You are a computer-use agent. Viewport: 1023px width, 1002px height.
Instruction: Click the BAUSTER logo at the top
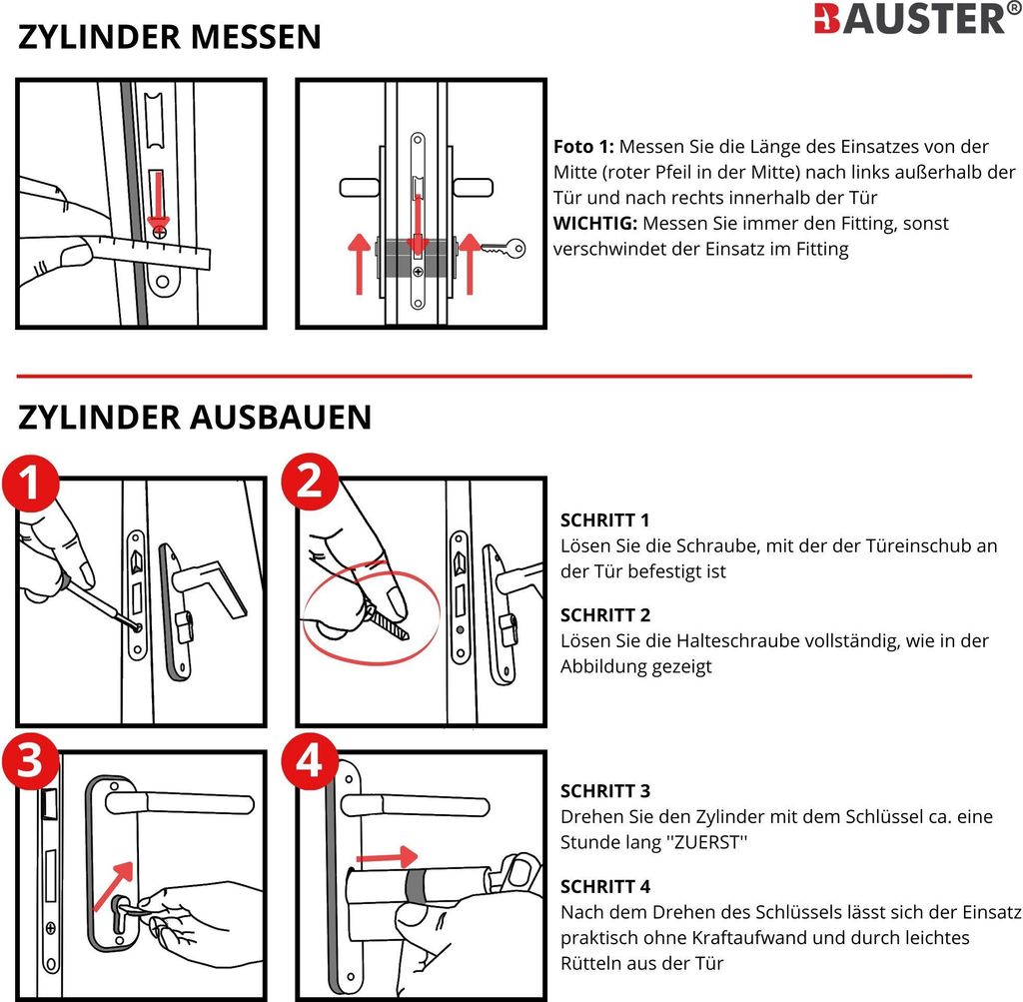point(909,19)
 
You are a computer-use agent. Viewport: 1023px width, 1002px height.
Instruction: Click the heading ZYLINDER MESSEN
point(170,38)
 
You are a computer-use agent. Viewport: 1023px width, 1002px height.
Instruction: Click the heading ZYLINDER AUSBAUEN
point(195,417)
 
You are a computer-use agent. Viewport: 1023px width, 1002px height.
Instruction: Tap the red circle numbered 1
point(28,486)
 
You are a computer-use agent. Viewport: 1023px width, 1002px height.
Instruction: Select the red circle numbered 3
point(30,761)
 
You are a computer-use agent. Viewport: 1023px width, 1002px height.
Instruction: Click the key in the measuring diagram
point(503,249)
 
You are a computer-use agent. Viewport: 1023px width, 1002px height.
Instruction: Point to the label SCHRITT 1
point(604,520)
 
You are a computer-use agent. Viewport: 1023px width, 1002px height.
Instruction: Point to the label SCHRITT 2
point(604,614)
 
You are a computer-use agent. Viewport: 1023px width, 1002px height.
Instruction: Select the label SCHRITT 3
point(604,790)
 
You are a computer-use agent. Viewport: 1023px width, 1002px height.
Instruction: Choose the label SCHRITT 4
point(604,885)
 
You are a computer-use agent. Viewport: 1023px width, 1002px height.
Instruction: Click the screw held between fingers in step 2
point(388,622)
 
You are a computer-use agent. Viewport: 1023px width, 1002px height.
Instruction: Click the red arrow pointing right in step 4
point(387,856)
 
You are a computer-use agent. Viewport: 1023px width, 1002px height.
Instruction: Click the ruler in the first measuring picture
point(160,250)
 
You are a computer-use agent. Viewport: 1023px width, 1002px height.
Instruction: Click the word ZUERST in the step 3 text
point(707,842)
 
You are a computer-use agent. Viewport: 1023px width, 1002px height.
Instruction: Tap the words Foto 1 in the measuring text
point(583,146)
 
